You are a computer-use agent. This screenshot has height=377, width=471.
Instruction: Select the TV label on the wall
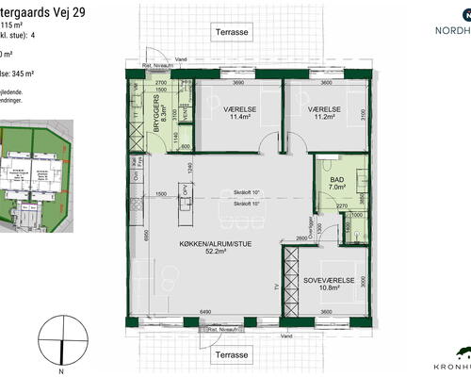pos(276,286)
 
